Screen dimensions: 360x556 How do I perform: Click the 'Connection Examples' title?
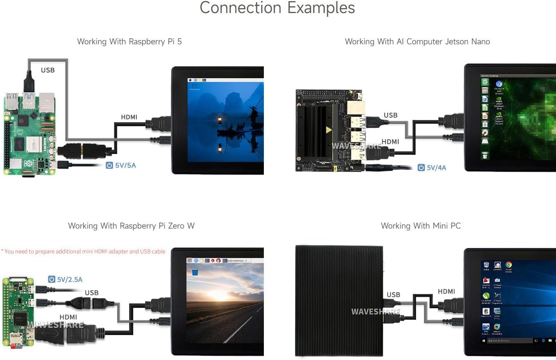point(277,8)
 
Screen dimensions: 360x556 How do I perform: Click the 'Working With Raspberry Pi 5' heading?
point(129,42)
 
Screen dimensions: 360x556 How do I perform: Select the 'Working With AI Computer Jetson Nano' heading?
point(417,42)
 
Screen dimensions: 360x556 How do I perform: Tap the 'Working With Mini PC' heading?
point(421,226)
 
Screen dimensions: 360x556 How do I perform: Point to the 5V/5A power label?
point(121,165)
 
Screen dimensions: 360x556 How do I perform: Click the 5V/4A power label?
point(432,168)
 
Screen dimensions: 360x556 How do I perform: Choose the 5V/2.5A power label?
point(65,280)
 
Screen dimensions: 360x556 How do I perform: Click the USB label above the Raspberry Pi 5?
point(48,70)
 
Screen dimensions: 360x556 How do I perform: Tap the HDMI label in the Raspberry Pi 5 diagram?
point(129,117)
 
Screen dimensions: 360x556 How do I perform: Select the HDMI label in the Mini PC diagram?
point(446,291)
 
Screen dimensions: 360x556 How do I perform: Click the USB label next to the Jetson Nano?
point(390,115)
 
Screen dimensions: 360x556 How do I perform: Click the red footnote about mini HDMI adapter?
point(83,252)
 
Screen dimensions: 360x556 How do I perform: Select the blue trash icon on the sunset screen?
point(195,273)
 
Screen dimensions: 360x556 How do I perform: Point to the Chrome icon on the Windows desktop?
point(508,265)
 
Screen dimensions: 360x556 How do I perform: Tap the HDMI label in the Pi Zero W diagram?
point(68,317)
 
